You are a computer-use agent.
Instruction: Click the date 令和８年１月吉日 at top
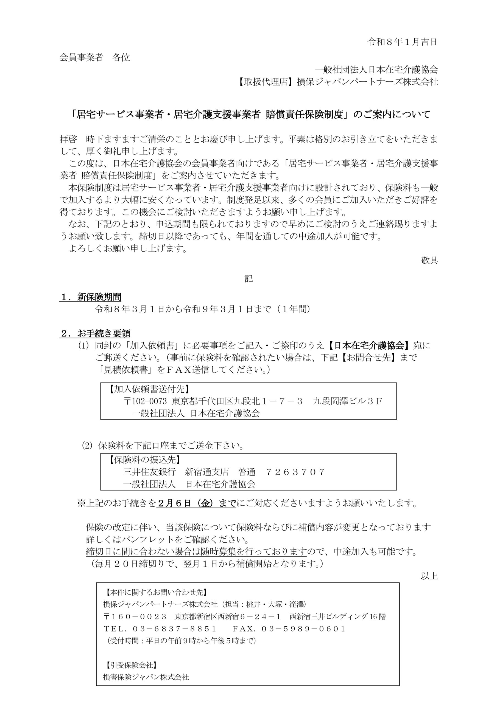click(x=402, y=42)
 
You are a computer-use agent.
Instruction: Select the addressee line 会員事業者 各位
click(x=95, y=58)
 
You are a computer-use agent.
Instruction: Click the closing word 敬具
click(x=429, y=260)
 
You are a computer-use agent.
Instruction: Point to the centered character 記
click(x=248, y=279)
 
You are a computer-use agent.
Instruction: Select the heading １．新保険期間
click(x=91, y=297)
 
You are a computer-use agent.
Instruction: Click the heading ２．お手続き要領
click(x=95, y=333)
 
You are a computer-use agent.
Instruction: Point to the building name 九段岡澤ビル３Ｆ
click(x=348, y=401)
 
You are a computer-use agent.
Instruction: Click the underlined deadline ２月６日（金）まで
click(x=196, y=503)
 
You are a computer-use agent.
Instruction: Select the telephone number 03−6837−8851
click(x=175, y=629)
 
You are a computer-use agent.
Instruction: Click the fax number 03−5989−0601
click(x=303, y=629)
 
